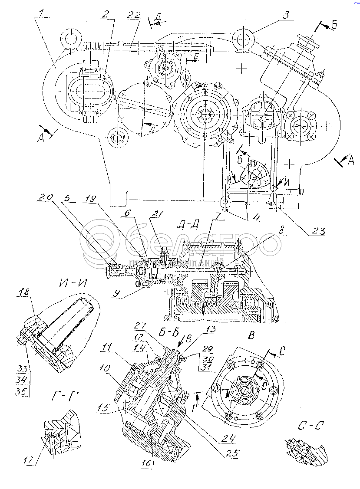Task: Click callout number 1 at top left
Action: pyautogui.click(x=41, y=13)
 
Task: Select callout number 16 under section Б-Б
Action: pyautogui.click(x=147, y=463)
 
